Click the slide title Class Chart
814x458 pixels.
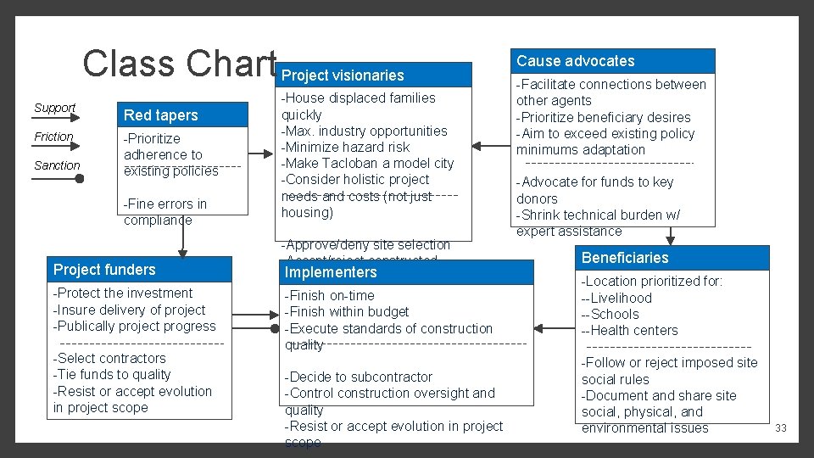[179, 64]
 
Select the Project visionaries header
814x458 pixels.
[343, 75]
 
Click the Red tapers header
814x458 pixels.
[160, 115]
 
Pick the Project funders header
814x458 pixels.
[104, 270]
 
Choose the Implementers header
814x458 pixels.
[331, 272]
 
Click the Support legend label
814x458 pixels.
[54, 108]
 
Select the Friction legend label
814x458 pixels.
[53, 137]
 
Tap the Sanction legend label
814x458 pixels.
[57, 165]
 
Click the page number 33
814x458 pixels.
[780, 428]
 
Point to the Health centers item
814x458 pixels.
[629, 331]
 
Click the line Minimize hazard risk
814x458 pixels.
[345, 148]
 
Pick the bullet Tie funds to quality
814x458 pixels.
[112, 375]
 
